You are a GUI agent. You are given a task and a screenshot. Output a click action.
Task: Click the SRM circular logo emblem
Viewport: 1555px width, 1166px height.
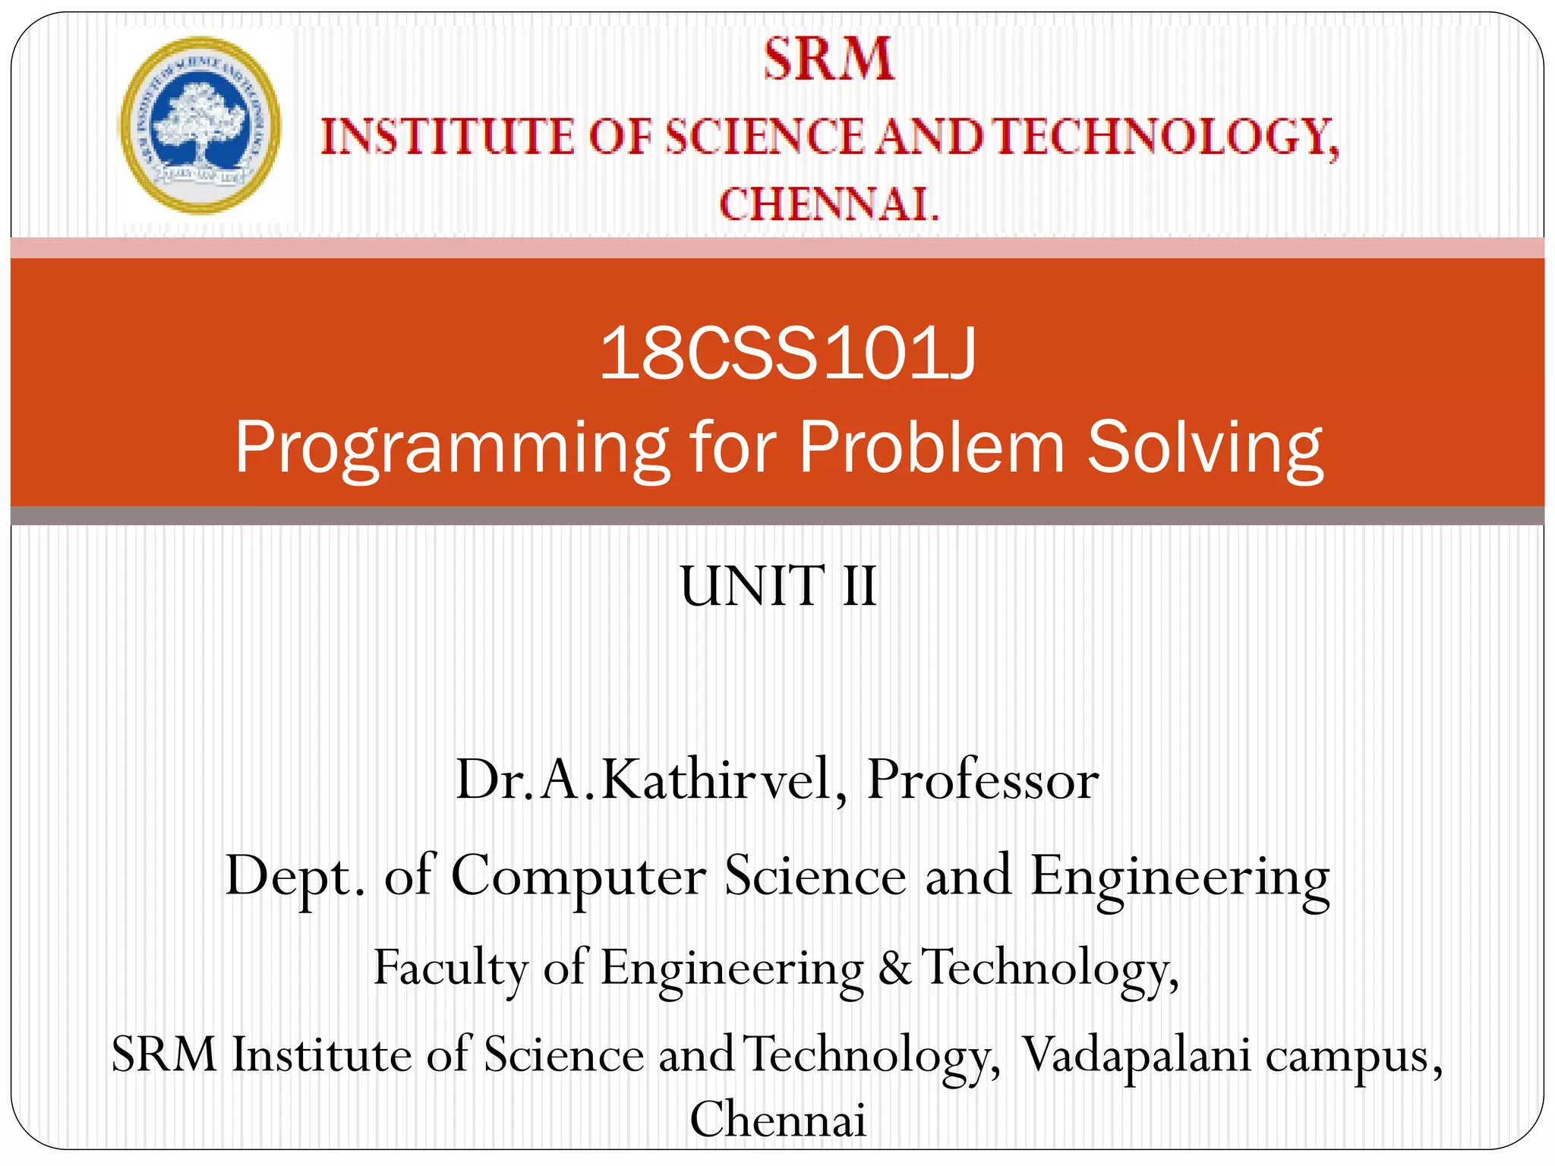coord(200,125)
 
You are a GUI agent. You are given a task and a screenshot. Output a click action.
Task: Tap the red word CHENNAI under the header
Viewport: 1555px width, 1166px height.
coord(828,204)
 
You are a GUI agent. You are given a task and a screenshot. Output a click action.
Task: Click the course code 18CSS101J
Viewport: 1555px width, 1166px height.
coord(787,355)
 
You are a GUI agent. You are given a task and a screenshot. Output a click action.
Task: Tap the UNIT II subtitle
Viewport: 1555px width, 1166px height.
coord(778,586)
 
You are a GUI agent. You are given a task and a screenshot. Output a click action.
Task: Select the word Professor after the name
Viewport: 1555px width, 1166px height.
coord(983,780)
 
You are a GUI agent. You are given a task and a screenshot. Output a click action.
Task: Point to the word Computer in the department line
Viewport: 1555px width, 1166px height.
coord(579,876)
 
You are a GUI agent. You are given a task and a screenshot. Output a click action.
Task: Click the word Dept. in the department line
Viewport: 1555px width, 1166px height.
coord(295,876)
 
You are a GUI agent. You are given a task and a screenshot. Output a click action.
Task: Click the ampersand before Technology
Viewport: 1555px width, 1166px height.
coord(895,968)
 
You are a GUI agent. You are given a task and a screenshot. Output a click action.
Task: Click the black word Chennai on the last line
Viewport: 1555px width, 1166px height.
coord(777,1119)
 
